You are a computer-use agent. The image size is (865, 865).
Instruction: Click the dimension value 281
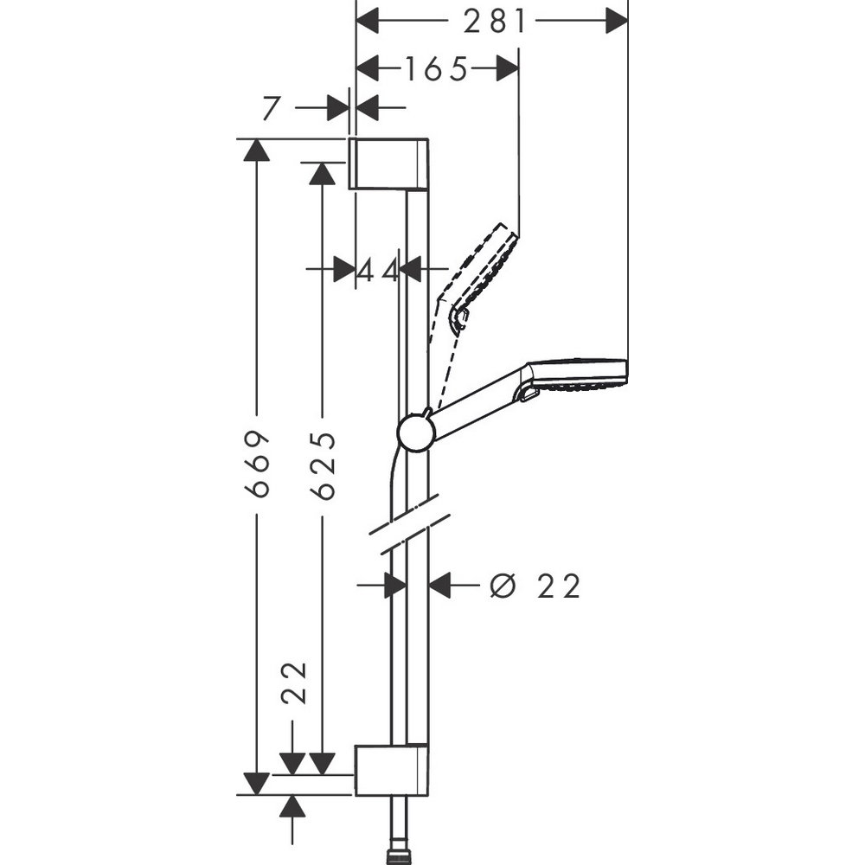tap(494, 21)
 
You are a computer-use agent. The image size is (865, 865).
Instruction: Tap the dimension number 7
tap(272, 108)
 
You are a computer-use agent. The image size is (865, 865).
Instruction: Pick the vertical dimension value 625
tap(323, 465)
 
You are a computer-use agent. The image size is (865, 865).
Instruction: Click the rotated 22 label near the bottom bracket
tap(295, 683)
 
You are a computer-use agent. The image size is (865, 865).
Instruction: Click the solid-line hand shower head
tap(576, 378)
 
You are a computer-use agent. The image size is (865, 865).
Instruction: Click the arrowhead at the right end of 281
tap(616, 21)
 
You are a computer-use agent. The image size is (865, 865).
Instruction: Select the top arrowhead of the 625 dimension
tap(322, 172)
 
